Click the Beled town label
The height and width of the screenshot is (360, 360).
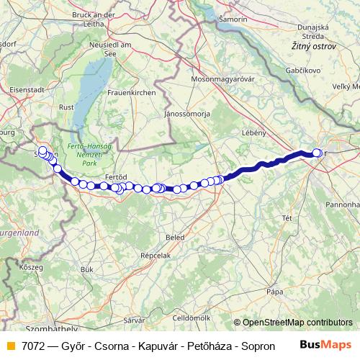click(x=175, y=236)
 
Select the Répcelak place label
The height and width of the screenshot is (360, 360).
click(x=156, y=256)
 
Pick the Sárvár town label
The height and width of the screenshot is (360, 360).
click(x=135, y=319)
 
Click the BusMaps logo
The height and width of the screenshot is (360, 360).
click(x=325, y=345)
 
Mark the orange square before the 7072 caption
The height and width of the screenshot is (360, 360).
click(x=11, y=346)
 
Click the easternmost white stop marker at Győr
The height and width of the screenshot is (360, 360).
click(x=318, y=153)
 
